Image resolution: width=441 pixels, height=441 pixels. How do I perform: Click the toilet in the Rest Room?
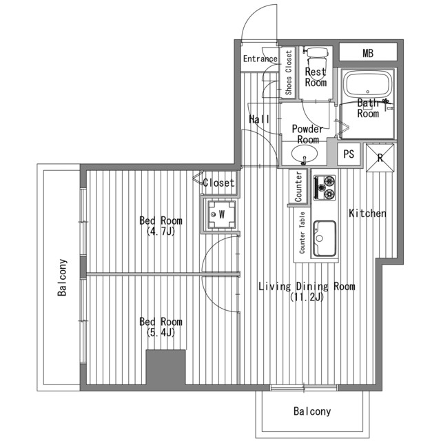(317, 58)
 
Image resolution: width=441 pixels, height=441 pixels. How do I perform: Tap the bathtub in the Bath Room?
(367, 83)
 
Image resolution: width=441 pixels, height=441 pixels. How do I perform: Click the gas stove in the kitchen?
(325, 188)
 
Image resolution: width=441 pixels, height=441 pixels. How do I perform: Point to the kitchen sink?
(325, 238)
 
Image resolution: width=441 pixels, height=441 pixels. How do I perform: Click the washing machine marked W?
(221, 214)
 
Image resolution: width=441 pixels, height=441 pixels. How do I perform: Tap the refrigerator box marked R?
(380, 158)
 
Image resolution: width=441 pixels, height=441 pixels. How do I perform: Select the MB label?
(368, 53)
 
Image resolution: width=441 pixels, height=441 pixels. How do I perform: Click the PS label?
(349, 154)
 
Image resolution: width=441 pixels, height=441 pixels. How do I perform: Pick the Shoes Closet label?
(289, 72)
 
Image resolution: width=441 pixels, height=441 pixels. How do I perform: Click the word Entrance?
(260, 59)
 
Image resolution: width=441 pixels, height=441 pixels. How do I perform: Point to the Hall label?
(259, 119)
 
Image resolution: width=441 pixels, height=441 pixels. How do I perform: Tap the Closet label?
(218, 183)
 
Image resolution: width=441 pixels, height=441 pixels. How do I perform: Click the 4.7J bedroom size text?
(161, 232)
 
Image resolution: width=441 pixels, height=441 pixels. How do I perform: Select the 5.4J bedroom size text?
(161, 333)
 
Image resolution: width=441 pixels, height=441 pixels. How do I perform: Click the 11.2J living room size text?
(307, 297)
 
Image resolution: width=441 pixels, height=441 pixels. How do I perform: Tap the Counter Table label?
(302, 233)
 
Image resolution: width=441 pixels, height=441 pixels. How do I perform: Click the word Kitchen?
(367, 214)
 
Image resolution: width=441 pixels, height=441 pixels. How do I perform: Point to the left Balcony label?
(62, 277)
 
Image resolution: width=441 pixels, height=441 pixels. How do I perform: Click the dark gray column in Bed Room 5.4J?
(165, 367)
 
